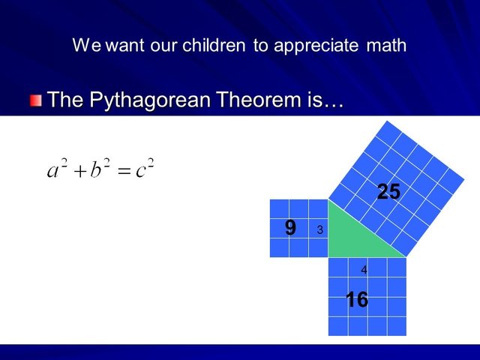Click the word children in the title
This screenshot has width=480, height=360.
coord(214,45)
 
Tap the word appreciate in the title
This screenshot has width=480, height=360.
coord(316,46)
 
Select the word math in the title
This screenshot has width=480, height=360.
coord(386,45)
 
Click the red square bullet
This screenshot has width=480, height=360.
coord(36,100)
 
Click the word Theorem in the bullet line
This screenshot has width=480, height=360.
coord(259,99)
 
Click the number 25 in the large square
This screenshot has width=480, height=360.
coord(388,192)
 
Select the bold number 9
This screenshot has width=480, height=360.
coord(290,228)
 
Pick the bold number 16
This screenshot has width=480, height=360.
coord(357,299)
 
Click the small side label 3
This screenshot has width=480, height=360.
coord(320,229)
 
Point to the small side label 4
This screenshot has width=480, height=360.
coord(364,270)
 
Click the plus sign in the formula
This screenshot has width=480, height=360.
coord(80,172)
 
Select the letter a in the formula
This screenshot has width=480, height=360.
coord(52,171)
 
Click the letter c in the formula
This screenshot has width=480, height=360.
coord(140,172)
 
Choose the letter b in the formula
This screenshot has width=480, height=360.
coord(95,169)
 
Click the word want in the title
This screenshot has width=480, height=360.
coord(125,46)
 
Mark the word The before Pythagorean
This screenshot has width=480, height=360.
coord(65,99)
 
